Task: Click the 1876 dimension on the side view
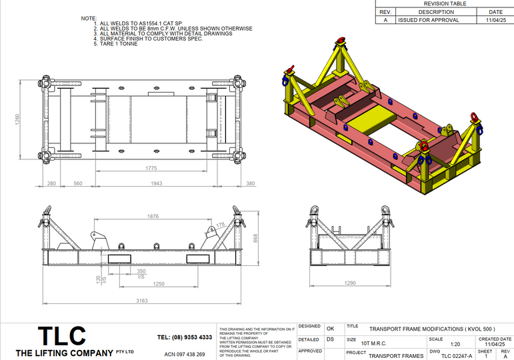click(154, 216)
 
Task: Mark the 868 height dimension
click(256, 237)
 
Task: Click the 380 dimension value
click(250, 183)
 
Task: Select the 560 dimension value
click(77, 183)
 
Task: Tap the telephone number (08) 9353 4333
click(184, 337)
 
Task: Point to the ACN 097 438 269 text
click(185, 354)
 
